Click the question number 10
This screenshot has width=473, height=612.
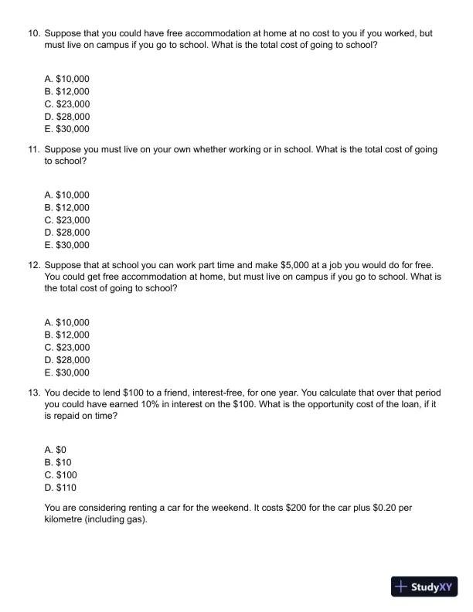[33, 34]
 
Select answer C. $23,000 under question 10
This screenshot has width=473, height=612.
[67, 104]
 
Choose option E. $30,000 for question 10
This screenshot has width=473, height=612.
[67, 129]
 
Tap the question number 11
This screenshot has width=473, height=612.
[33, 149]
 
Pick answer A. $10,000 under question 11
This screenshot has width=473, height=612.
[67, 195]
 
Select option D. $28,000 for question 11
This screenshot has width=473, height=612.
[67, 232]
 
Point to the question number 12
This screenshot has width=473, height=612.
[33, 264]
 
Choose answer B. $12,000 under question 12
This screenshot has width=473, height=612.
[67, 335]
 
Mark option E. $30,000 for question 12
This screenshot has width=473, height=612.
[67, 372]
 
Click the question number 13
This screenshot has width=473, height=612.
[33, 392]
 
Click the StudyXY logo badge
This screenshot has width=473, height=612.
[425, 586]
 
